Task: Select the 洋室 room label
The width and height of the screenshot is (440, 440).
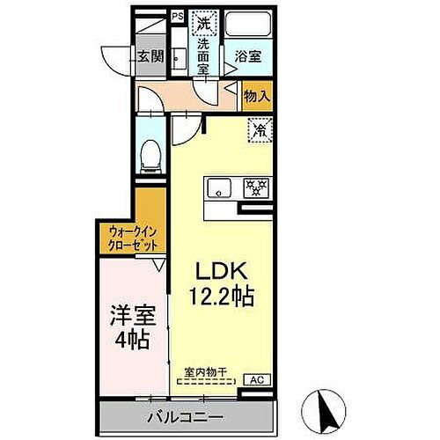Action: [128, 314]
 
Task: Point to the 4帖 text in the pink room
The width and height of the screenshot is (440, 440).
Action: [128, 339]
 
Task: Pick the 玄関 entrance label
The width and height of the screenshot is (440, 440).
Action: [150, 57]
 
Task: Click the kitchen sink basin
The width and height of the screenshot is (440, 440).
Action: [219, 187]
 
